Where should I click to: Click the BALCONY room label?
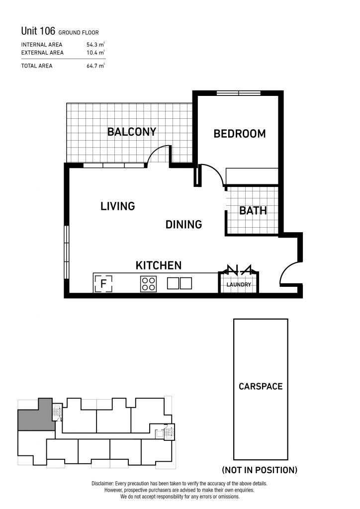click(x=132, y=132)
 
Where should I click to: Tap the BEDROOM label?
click(x=240, y=134)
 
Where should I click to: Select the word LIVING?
click(x=117, y=206)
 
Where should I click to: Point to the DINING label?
click(x=184, y=224)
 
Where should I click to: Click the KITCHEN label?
click(x=159, y=265)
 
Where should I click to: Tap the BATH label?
click(x=253, y=211)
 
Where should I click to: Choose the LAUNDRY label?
click(x=239, y=285)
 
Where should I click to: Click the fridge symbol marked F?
click(x=103, y=284)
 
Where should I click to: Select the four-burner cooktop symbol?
click(x=148, y=283)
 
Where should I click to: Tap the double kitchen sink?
click(x=180, y=283)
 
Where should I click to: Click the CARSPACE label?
click(x=261, y=386)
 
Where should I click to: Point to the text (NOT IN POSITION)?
click(x=260, y=470)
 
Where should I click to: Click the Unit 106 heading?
click(x=38, y=31)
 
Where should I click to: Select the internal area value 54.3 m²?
click(x=95, y=44)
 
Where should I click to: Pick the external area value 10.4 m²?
click(x=95, y=52)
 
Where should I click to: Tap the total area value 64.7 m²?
click(x=95, y=66)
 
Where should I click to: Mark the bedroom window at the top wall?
click(x=239, y=93)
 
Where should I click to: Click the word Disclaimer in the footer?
click(x=102, y=484)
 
